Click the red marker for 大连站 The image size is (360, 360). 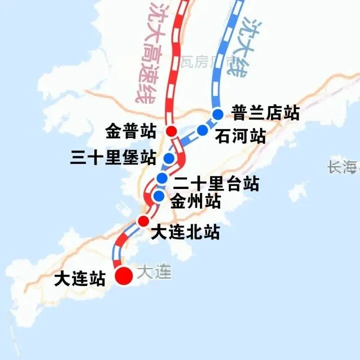coord(123,275)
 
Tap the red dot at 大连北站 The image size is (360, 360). coord(143,221)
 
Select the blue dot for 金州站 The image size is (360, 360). coord(159,196)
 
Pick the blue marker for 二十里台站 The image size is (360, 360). coord(162,178)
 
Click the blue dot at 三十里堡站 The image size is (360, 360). coord(169,158)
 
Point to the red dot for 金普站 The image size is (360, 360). coord(171,132)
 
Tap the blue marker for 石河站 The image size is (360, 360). coord(202,130)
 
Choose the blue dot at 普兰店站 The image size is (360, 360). coord(217,114)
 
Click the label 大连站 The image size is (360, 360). coord(80,278)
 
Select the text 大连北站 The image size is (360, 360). coord(185,232)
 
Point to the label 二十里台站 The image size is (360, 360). coord(216,183)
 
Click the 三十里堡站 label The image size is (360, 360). coord(113,158)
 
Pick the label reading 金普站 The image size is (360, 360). coord(131,132)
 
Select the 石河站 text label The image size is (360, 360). coord(240,136)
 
